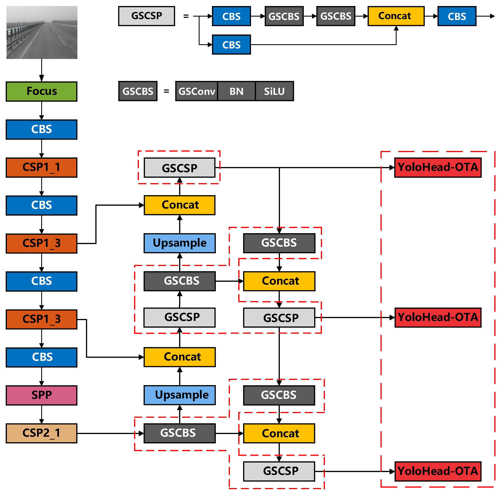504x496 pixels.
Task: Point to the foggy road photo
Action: pos(42,32)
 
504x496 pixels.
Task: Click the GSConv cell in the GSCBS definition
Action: pos(197,91)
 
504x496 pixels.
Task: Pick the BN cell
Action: pos(236,91)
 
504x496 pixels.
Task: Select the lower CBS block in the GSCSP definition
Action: pos(231,45)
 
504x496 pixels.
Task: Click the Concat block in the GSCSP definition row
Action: pos(396,16)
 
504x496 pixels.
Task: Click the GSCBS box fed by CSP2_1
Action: pos(180,433)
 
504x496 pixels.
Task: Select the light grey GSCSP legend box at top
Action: pos(146,16)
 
